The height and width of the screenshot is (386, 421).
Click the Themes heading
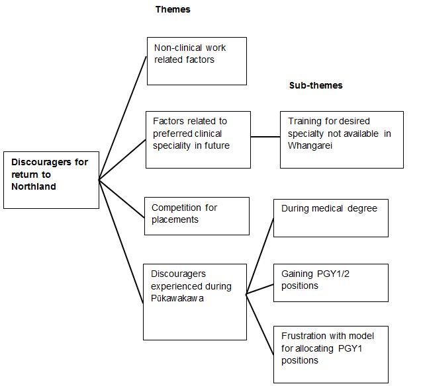(x=173, y=9)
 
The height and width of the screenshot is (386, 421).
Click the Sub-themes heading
(x=316, y=85)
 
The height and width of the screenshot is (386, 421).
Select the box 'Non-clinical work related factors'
(x=197, y=61)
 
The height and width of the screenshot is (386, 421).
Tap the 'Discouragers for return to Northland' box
(x=51, y=180)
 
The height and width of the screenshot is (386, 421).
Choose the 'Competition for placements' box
(x=197, y=215)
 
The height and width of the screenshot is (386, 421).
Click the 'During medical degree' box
(x=330, y=218)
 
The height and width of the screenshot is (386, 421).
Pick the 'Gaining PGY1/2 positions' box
(x=330, y=282)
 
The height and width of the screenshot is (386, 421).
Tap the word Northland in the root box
(x=34, y=186)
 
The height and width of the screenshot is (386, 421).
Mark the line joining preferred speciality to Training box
(x=265, y=137)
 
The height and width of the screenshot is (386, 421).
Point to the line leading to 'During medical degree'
(x=259, y=256)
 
